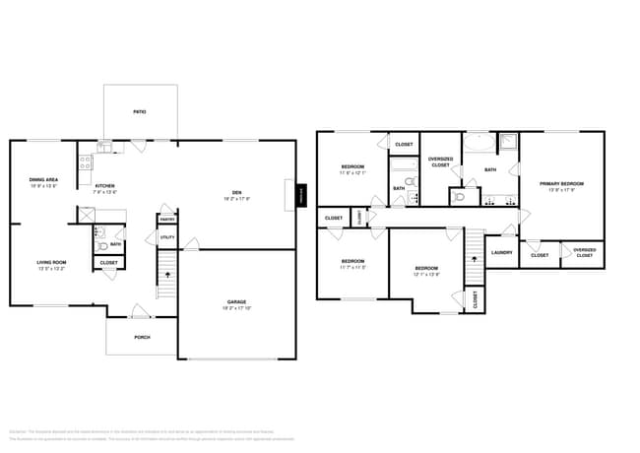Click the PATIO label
pos(140,112)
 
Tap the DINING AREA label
pos(43,179)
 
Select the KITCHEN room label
pos(105,185)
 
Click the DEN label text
pos(236,192)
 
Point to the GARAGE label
pos(236,302)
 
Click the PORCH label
pos(142,336)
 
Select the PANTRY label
pos(167,219)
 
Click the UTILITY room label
pos(166,238)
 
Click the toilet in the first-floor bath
pos(101,233)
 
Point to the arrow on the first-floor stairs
pos(166,275)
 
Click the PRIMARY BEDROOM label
pos(561,184)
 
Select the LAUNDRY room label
pos(501,252)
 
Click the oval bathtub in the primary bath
pos(480,145)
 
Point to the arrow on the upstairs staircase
pos(476,253)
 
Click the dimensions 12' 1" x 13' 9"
pos(425,274)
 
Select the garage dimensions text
pos(236,308)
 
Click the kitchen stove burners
pos(86,161)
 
